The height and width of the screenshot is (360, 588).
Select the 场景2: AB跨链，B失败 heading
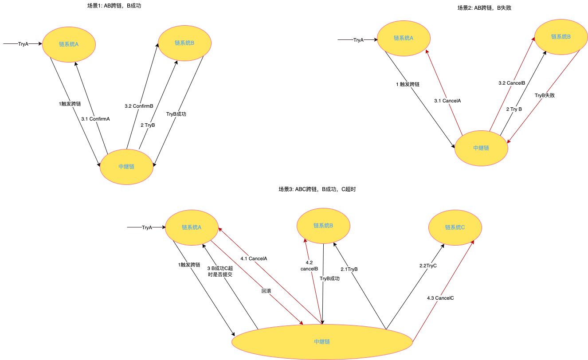(484, 8)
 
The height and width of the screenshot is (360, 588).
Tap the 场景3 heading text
(317, 189)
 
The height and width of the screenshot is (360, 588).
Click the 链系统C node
(455, 227)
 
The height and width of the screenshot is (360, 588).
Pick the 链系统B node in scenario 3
(323, 226)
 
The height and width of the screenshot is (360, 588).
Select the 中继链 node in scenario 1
(127, 167)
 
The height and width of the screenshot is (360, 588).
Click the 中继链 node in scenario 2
(481, 148)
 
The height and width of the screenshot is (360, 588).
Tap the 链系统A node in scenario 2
(404, 38)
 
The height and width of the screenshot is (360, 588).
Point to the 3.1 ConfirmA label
(95, 119)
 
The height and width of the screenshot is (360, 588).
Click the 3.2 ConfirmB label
(139, 106)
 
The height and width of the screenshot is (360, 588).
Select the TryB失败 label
(545, 95)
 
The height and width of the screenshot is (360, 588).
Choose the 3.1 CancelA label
(447, 101)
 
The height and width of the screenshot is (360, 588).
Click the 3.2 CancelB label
(512, 83)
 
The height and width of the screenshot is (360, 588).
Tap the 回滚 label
(267, 291)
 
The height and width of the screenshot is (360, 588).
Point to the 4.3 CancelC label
(440, 298)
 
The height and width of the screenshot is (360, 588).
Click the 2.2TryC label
(428, 266)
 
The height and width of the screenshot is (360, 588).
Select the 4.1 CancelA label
(254, 258)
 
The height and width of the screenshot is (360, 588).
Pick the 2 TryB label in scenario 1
(147, 125)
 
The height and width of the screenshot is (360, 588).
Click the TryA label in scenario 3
(147, 227)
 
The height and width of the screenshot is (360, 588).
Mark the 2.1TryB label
(349, 269)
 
